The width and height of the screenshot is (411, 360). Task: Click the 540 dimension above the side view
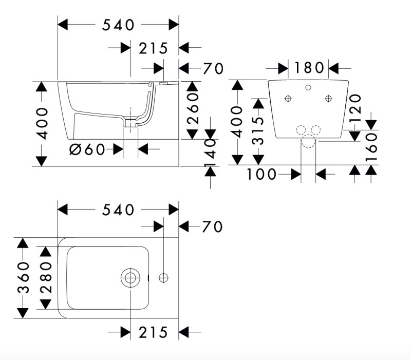pos(118,24)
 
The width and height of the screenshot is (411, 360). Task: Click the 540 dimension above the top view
pos(118,210)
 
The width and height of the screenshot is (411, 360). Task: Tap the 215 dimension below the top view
pos(154,332)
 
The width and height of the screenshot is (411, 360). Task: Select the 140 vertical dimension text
pos(211,153)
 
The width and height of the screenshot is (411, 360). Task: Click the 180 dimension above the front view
pos(309,67)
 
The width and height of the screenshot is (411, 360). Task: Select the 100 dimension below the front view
pos(263,175)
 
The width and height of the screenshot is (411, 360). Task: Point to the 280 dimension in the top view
pos(46,278)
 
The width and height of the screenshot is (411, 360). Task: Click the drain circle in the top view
pos(130,278)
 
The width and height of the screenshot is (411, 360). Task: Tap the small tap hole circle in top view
pos(163,278)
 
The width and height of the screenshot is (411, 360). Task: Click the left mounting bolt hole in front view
pos(288,98)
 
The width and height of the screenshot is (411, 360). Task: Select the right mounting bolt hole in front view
pos(329,98)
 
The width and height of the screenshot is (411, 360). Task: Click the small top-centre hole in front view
pos(308,87)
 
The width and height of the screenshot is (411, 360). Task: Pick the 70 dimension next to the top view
pos(212,226)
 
